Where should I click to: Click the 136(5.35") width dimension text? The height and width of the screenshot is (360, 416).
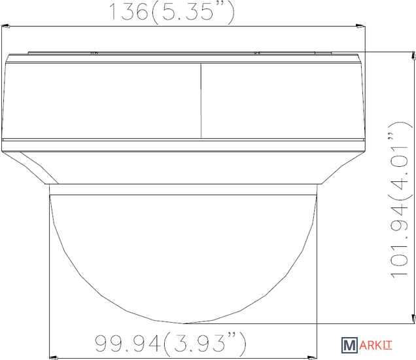tap(172, 12)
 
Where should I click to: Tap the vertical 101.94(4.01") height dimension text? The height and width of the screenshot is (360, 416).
tap(400, 200)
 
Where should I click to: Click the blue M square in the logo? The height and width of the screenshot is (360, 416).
tap(349, 346)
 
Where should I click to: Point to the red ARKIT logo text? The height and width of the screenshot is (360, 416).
tap(375, 346)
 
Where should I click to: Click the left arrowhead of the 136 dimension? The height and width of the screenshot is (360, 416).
tap(6, 26)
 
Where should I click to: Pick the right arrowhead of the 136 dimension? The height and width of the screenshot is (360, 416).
tap(360, 26)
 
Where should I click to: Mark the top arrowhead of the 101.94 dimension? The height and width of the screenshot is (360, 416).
tap(413, 56)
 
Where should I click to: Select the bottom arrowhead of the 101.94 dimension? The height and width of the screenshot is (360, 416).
tap(413, 319)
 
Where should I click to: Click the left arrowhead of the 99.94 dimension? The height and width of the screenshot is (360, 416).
tap(54, 357)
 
